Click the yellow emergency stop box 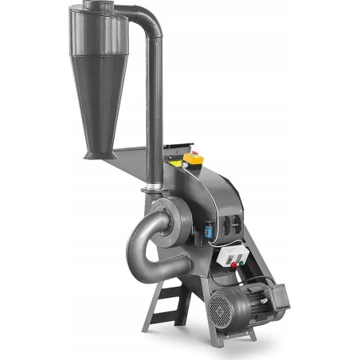click(191, 161)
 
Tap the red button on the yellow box click(191, 156)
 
